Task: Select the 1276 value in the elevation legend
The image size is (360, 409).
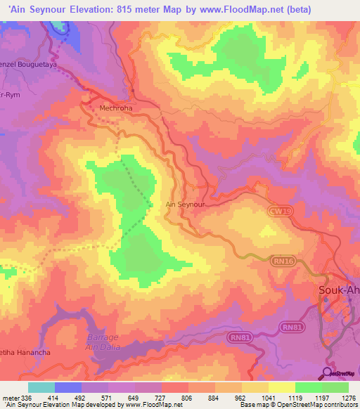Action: click(x=348, y=398)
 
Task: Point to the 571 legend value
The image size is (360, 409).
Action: click(x=107, y=398)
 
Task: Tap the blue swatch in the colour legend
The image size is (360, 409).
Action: click(x=68, y=387)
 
